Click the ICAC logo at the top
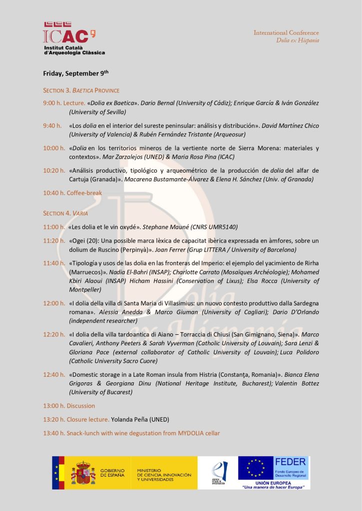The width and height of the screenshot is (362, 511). click(x=69, y=37)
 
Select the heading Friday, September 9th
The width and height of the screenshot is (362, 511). click(x=75, y=73)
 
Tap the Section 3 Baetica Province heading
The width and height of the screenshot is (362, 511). click(x=81, y=90)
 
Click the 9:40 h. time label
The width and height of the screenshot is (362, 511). click(x=52, y=126)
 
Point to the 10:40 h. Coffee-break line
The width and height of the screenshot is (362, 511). click(x=72, y=193)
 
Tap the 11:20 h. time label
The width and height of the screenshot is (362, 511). click(x=53, y=241)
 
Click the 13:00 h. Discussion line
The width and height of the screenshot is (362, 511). click(x=69, y=406)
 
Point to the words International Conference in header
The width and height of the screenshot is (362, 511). click(x=286, y=32)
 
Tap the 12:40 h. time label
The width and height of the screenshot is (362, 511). click(x=54, y=374)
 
